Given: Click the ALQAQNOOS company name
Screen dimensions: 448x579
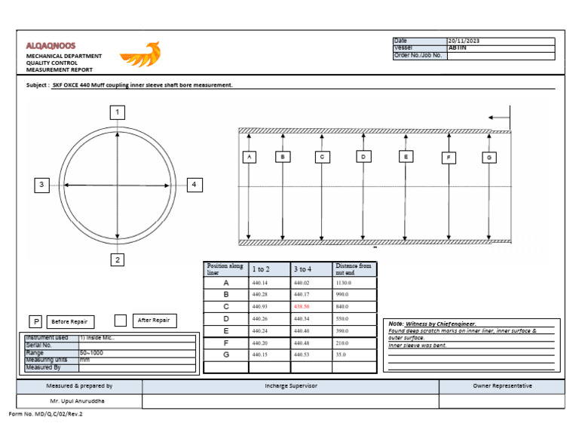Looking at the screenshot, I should tap(51, 46).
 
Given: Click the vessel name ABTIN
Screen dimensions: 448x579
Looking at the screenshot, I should tap(458, 48).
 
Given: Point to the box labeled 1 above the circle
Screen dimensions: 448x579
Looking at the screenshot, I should tap(117, 112).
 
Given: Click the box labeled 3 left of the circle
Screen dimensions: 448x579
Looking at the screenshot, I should tap(42, 185).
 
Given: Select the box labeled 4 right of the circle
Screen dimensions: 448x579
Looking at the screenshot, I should tap(194, 185).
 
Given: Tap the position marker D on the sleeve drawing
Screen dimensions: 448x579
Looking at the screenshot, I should tap(363, 157).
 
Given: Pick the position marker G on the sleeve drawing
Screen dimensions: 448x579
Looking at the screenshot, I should tap(489, 158).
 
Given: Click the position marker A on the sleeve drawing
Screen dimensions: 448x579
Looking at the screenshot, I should tap(249, 157).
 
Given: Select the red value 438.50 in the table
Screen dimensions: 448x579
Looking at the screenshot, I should tap(302, 307).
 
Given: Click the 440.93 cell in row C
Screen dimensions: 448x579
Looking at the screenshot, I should tap(260, 307).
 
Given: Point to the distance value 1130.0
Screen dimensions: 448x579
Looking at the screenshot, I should tap(345, 283).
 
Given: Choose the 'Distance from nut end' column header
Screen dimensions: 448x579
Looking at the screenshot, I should tap(354, 268).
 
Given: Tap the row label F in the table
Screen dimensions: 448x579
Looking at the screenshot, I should tap(226, 342).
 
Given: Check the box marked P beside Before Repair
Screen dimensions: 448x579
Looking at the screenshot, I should tap(35, 321).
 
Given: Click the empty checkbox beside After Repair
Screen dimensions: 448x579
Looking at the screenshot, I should tap(121, 321).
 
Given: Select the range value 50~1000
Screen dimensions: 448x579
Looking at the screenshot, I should tap(91, 353).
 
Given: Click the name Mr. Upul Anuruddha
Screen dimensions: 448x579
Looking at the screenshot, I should tap(79, 401).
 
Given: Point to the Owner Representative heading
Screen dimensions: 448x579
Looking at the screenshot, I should tap(502, 386).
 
